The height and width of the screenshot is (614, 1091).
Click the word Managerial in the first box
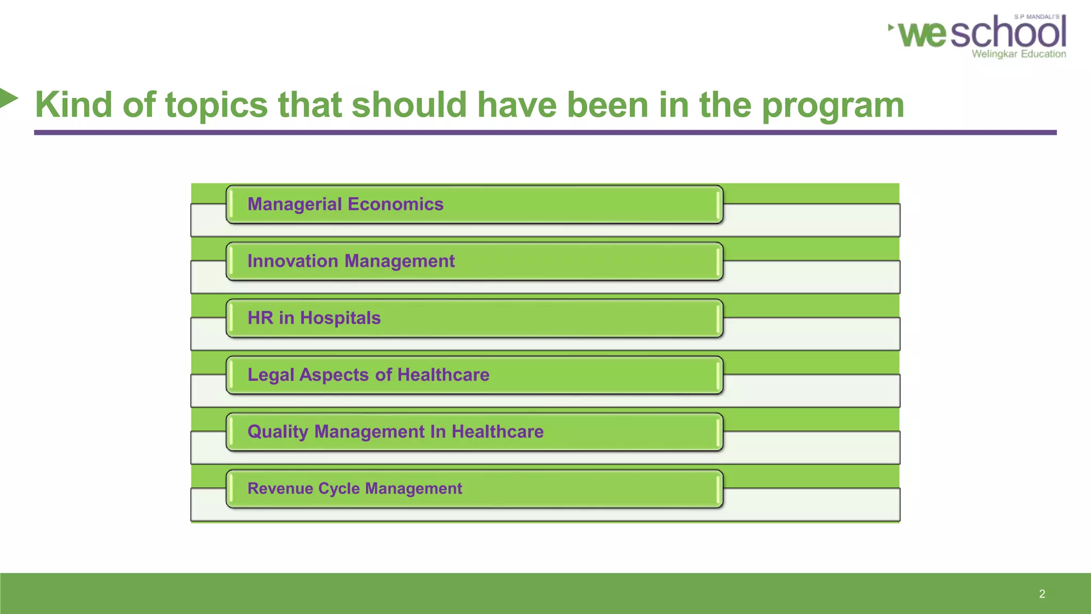coord(295,205)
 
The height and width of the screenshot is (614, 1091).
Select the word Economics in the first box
coord(395,205)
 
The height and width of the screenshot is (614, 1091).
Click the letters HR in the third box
coord(260,318)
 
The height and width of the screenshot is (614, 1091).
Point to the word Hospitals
coord(340,318)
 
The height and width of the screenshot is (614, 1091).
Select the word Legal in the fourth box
coord(271,375)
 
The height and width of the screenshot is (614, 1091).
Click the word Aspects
coord(334,375)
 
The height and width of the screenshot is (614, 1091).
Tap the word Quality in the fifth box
coord(278,432)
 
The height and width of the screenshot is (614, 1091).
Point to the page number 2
coord(1042,594)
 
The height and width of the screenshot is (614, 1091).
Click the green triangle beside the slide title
coord(8,98)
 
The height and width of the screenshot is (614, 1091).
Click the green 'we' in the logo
coord(922,34)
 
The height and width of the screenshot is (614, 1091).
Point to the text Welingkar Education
coord(1019,54)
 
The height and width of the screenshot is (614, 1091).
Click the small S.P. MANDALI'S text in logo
coord(1036,17)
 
